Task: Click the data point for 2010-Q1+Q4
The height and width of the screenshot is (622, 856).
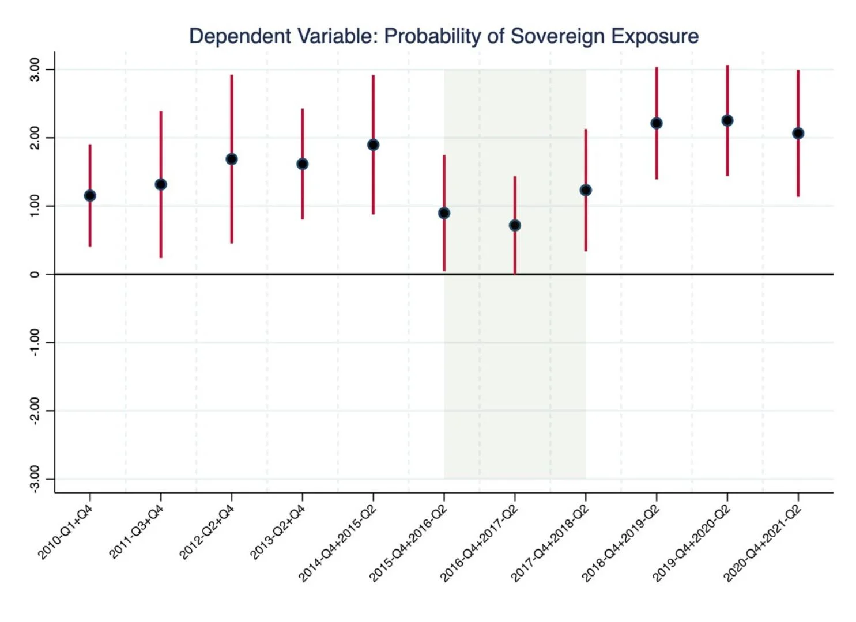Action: coord(90,196)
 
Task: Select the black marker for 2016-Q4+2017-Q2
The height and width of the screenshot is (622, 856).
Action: coord(515,225)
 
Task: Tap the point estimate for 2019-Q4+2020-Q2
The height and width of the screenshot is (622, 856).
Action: coord(727,120)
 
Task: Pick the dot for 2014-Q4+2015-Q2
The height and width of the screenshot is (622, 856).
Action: coord(373,145)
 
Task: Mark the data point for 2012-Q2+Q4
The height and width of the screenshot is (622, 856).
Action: coord(232,159)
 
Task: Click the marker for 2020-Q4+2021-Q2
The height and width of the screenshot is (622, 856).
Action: coord(798,133)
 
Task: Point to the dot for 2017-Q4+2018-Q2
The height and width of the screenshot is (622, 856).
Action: coord(586,190)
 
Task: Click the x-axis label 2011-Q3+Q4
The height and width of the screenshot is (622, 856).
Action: coord(137,531)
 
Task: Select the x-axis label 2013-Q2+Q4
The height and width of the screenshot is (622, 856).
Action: coord(277,531)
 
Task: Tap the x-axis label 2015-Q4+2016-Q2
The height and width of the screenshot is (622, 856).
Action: coord(408,542)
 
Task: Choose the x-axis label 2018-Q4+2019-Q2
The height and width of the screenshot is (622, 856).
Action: coord(620,542)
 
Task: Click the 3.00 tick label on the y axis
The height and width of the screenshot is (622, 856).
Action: coord(35,69)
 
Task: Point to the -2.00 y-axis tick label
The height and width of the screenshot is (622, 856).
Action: coord(35,410)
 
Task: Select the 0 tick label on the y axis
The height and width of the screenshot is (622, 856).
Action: coord(35,274)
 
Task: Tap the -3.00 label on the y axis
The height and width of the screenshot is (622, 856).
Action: coord(35,479)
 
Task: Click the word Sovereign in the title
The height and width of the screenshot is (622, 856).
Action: coord(557,36)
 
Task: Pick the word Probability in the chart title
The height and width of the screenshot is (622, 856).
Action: coord(432,36)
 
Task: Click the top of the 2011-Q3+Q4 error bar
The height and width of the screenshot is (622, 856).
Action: coord(161,112)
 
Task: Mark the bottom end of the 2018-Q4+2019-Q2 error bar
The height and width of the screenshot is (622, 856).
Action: coord(656,178)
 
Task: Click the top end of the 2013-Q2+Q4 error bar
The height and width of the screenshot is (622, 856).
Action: coord(302,109)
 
